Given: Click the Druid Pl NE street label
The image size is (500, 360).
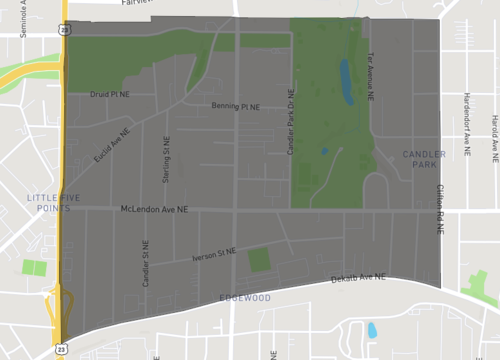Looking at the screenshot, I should [110, 96].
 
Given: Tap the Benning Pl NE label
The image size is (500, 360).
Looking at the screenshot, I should [235, 106].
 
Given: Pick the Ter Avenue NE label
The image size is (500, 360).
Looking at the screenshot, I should [371, 78].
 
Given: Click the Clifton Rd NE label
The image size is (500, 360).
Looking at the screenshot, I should [439, 209].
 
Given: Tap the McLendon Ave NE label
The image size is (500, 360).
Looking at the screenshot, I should [154, 210].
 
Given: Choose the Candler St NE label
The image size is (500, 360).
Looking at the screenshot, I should [146, 264].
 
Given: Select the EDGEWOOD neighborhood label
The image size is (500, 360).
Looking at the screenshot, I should [245, 298].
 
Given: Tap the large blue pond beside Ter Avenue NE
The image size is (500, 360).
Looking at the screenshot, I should [346, 81].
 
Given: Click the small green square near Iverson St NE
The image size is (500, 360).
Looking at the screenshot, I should [259, 260].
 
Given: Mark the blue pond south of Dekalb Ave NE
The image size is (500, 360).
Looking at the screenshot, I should [372, 329].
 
